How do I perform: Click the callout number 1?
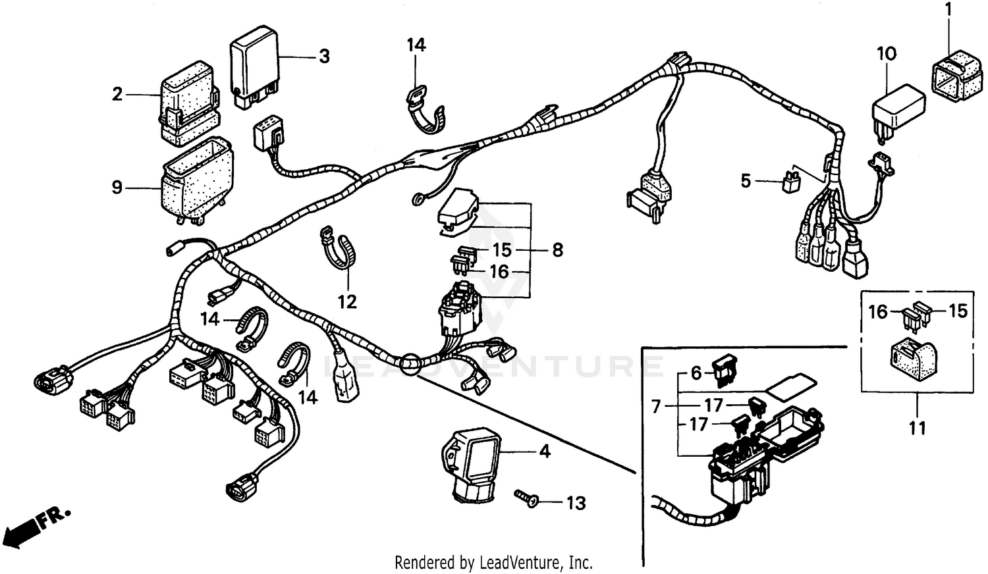(948, 9)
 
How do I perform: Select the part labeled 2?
(188, 103)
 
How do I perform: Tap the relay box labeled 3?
(254, 66)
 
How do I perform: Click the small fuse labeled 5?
(790, 182)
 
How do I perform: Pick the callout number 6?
(696, 374)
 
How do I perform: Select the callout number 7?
(656, 407)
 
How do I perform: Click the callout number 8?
(557, 250)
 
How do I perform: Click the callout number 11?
(918, 428)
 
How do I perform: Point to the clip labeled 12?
(337, 250)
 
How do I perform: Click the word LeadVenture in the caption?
(520, 563)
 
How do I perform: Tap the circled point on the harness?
(409, 363)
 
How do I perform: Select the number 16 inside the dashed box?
(878, 311)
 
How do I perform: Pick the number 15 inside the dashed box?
(958, 311)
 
